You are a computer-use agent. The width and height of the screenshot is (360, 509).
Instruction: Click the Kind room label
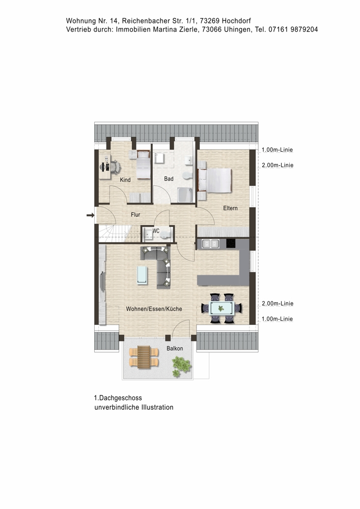pyautogui.click(x=125, y=180)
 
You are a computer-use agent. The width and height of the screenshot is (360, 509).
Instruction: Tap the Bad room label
pyautogui.click(x=169, y=179)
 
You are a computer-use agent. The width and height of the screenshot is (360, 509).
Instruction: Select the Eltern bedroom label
pyautogui.click(x=230, y=208)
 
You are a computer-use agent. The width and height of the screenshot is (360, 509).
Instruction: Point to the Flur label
pyautogui.click(x=135, y=215)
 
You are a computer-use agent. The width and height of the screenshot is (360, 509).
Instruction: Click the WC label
pyautogui.click(x=156, y=231)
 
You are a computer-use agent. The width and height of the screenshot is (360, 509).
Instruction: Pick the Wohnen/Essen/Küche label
pyautogui.click(x=154, y=309)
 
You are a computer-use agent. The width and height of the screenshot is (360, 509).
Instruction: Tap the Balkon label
pyautogui.click(x=175, y=348)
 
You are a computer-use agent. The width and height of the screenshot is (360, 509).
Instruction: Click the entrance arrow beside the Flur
pyautogui.click(x=90, y=215)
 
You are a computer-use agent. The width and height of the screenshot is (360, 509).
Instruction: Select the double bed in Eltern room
pyautogui.click(x=214, y=180)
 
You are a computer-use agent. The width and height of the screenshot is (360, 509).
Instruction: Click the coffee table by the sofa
pyautogui.click(x=142, y=275)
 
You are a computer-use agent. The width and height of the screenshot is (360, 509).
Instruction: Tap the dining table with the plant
pyautogui.click(x=221, y=308)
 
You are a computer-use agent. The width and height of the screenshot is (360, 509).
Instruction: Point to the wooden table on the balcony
pyautogui.click(x=144, y=357)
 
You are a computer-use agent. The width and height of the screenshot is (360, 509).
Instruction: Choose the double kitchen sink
pyautogui.click(x=210, y=243)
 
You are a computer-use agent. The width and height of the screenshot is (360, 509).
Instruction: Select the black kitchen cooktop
pyautogui.click(x=231, y=243)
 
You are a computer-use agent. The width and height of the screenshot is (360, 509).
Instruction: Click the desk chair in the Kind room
pyautogui.click(x=116, y=167)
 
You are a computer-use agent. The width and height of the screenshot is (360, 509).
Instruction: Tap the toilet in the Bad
pyautogui.click(x=187, y=176)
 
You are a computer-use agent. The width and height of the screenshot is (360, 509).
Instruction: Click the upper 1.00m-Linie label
pyautogui.click(x=277, y=150)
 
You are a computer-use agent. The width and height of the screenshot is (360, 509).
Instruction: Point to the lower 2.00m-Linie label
pyautogui.click(x=278, y=303)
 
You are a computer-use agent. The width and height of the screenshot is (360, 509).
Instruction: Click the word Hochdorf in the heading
pyautogui.click(x=236, y=21)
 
